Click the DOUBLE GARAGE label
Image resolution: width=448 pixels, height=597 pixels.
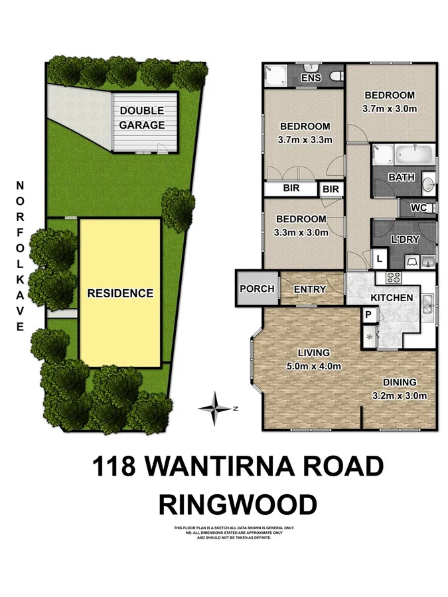point(142,118)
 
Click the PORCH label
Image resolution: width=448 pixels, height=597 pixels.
point(257,289)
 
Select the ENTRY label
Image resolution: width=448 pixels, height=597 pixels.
point(309,289)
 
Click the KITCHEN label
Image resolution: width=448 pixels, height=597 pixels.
point(391,298)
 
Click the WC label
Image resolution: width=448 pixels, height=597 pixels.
point(418,208)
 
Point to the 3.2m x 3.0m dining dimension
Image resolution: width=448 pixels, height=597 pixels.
point(399,396)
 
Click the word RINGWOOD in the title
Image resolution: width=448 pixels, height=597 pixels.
point(238,505)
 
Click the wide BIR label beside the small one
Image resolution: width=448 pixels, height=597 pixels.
point(291,189)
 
